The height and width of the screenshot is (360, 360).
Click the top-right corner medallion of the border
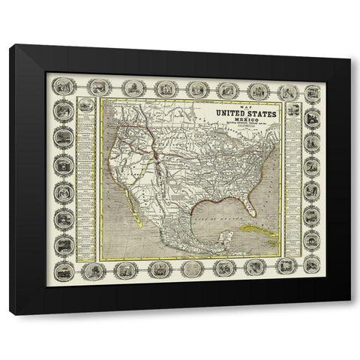pos(312,92)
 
